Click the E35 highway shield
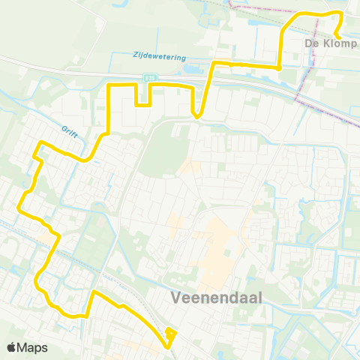[150, 76]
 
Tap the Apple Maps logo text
[27, 347]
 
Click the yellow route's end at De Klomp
[337, 37]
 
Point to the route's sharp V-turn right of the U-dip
[196, 116]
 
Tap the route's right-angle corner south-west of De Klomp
[280, 68]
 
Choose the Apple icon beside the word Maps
[11, 347]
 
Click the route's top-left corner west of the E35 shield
[109, 86]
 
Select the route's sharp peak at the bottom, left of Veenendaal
[93, 291]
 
